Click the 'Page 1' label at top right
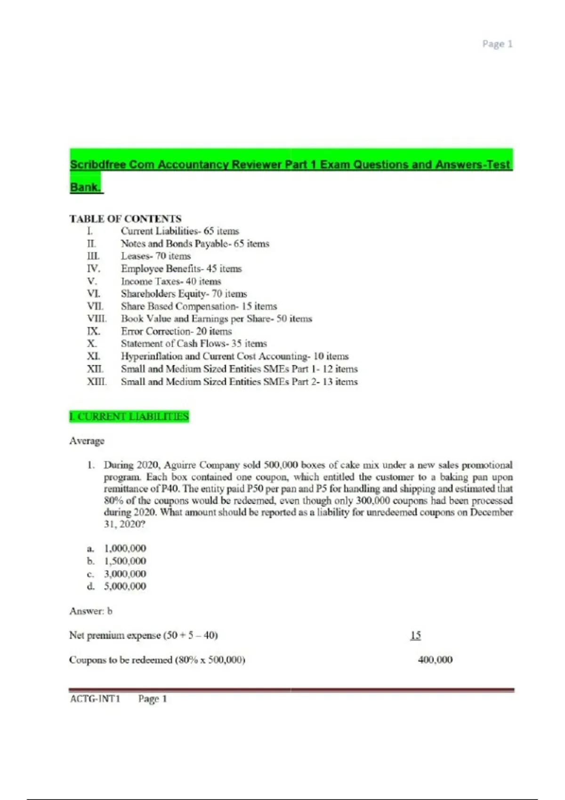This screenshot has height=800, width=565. click(497, 44)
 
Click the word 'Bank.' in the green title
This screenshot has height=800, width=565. click(85, 187)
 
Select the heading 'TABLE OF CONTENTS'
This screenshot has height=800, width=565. click(125, 219)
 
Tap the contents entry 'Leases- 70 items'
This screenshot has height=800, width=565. click(155, 256)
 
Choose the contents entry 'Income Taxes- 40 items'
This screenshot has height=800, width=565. click(170, 281)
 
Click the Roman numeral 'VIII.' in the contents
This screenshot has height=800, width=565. click(97, 319)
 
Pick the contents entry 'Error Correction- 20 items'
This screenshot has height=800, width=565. click(176, 331)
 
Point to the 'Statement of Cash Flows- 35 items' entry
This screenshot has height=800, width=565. click(194, 344)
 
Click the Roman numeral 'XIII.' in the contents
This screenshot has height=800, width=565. click(97, 382)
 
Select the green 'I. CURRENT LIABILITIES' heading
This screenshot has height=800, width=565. click(129, 416)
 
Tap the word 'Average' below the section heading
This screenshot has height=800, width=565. click(87, 441)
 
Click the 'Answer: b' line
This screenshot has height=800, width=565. click(91, 611)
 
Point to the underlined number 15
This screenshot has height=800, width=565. click(415, 635)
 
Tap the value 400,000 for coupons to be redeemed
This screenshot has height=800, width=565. click(435, 660)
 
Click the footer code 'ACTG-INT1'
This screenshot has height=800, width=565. click(95, 699)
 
